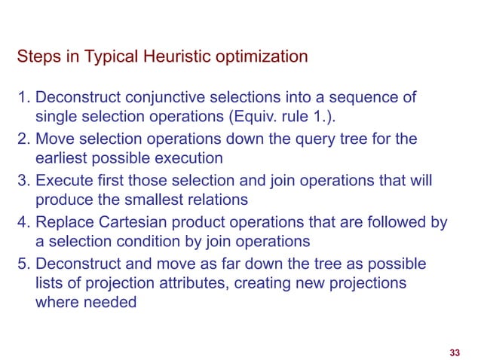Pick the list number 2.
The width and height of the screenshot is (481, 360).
23,139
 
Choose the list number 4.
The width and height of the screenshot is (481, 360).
23,222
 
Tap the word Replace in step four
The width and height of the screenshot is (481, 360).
63,222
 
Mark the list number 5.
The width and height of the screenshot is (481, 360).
23,264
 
